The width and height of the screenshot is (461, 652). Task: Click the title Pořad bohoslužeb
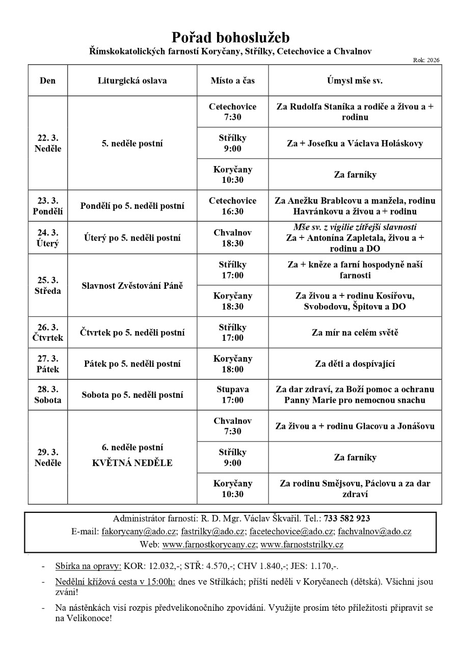click(x=230, y=37)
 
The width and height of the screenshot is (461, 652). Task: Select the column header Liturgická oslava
click(x=132, y=80)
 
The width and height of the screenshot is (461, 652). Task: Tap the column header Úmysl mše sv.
click(x=355, y=80)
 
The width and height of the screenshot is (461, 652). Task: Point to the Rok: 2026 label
click(x=427, y=60)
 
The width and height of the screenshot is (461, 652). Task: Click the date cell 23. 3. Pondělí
click(x=48, y=206)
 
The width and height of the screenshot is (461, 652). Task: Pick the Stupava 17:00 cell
click(x=232, y=395)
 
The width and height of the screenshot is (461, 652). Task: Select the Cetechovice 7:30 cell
click(x=232, y=112)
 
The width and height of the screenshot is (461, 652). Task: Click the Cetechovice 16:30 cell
click(x=232, y=206)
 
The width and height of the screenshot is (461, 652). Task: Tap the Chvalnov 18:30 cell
click(x=232, y=237)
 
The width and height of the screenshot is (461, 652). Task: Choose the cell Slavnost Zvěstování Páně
click(x=132, y=285)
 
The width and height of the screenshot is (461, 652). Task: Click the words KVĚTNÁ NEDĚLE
click(x=132, y=463)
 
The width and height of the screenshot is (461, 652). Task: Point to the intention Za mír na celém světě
click(x=355, y=333)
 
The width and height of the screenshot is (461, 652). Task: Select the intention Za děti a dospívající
click(x=355, y=364)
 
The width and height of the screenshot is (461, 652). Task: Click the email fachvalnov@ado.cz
click(x=376, y=531)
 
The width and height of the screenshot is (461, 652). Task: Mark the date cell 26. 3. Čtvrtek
click(x=48, y=333)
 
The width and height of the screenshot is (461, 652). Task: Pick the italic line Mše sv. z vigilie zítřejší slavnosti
click(x=355, y=227)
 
